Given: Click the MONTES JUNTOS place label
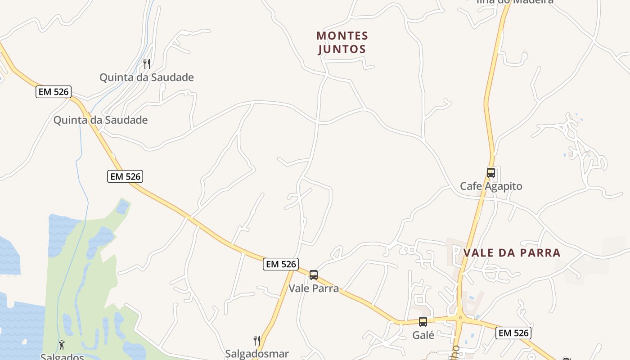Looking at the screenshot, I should point(342,42).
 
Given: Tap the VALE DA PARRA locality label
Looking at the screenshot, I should point(512,252).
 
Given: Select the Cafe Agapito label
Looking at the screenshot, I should point(491,186).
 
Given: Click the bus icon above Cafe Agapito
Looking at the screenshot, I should point(491,172).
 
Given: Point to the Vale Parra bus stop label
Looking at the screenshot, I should point(314,288).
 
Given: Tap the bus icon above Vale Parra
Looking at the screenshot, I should point(314,274).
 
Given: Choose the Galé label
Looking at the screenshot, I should point(423,335).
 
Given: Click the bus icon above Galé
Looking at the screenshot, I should point(423,322).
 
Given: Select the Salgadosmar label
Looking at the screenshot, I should point(257,354).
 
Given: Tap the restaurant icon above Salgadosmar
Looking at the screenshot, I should point(257,340).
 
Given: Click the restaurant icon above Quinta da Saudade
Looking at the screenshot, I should point(146,63).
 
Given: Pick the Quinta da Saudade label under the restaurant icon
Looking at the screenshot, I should point(146,77).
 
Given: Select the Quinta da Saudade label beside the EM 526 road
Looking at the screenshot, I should point(100,120).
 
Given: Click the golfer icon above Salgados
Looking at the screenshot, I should point(62,345).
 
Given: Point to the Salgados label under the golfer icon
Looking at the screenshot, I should point(62,357).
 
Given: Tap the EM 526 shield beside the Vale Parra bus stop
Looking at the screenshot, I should point(281,264).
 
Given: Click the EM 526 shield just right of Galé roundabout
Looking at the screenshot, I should point(513,333).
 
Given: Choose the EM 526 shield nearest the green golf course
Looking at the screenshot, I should point(125,176).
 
